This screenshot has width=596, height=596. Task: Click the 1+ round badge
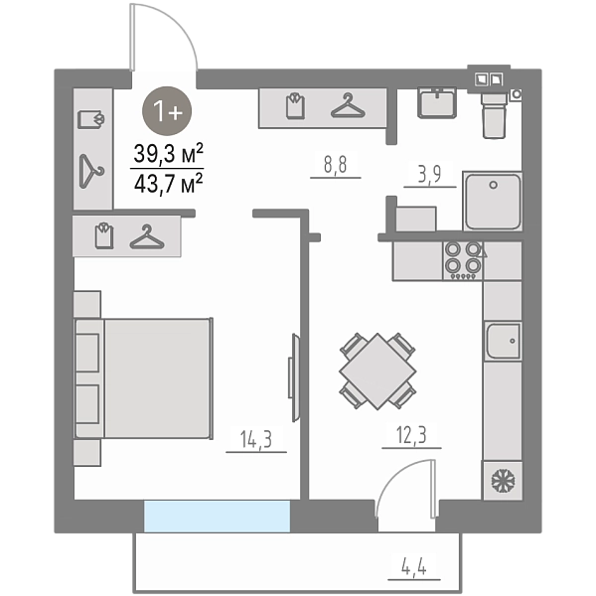(167, 111)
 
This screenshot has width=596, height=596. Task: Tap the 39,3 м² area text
(168, 153)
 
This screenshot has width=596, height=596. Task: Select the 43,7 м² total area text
(168, 184)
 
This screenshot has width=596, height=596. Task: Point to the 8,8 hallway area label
(336, 165)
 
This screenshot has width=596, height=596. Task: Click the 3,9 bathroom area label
(429, 174)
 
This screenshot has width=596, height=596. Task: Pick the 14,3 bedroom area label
(256, 439)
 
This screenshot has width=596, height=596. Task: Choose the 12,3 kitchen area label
(411, 435)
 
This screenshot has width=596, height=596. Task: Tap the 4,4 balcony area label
(414, 568)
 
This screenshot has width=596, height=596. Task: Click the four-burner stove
(463, 260)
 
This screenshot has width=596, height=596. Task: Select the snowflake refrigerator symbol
(503, 481)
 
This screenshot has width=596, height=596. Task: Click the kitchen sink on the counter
(503, 341)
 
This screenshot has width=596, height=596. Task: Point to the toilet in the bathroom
(494, 115)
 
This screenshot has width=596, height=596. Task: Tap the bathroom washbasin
(437, 102)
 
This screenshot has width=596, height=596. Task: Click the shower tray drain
(493, 186)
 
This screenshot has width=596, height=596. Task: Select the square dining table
(377, 372)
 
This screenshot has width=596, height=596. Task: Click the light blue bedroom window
(217, 517)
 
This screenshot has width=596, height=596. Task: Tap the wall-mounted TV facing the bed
(294, 377)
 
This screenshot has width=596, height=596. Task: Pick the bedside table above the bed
(87, 304)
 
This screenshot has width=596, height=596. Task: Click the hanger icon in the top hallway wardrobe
(348, 105)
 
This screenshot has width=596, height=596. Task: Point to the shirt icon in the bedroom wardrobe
(104, 236)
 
